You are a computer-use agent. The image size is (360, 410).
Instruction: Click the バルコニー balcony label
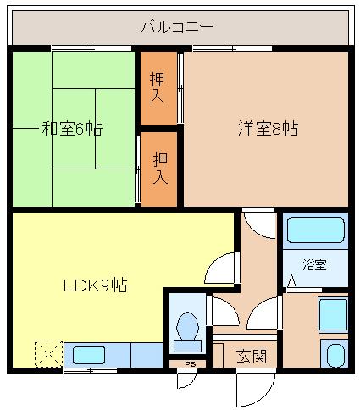coord(176,27)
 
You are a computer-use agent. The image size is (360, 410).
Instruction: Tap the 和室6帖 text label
coord(72,129)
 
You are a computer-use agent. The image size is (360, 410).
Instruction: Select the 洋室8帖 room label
coord(267,129)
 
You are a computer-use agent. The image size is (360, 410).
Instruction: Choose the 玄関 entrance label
coord(252,356)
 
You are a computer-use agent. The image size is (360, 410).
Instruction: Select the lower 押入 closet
coord(158,169)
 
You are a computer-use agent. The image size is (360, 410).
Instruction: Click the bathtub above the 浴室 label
coord(314,230)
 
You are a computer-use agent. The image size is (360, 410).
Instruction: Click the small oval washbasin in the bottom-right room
coord(335,354)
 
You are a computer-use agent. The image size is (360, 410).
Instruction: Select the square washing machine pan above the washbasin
coord(332,315)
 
